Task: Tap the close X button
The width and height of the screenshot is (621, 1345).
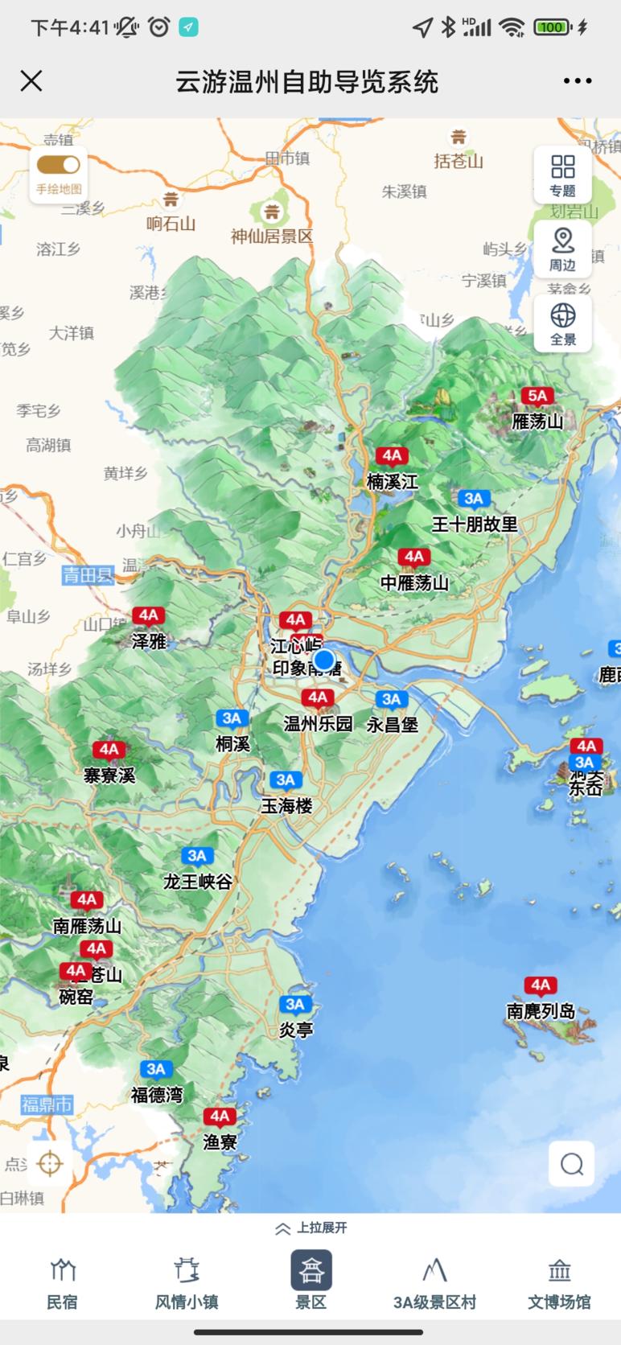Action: click(31, 81)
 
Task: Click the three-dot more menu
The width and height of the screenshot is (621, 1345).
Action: click(578, 81)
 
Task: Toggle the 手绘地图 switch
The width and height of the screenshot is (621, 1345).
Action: click(59, 165)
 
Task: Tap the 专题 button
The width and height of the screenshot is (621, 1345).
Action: click(563, 175)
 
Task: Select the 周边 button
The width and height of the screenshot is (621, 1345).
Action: click(563, 249)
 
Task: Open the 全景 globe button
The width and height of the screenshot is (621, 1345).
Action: click(563, 323)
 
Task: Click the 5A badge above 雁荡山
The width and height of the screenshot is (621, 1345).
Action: click(537, 396)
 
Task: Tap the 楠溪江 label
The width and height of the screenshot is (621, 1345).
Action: click(392, 482)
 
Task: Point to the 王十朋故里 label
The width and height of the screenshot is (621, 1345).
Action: click(475, 524)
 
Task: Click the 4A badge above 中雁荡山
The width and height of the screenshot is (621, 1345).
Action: click(413, 557)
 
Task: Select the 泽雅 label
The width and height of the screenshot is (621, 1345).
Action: click(149, 641)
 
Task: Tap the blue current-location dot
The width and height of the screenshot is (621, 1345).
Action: click(324, 660)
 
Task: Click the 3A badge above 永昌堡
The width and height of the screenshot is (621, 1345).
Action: click(392, 699)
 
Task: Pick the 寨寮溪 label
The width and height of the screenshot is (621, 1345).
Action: click(109, 775)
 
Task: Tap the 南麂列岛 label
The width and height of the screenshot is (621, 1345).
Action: click(541, 1011)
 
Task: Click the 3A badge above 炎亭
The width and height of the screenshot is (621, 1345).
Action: click(295, 1004)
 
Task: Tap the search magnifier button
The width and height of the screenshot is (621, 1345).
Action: click(572, 1163)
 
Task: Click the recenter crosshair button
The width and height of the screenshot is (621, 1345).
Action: click(50, 1163)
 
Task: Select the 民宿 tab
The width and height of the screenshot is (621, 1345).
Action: click(62, 1284)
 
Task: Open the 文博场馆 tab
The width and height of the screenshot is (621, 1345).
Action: click(559, 1284)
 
